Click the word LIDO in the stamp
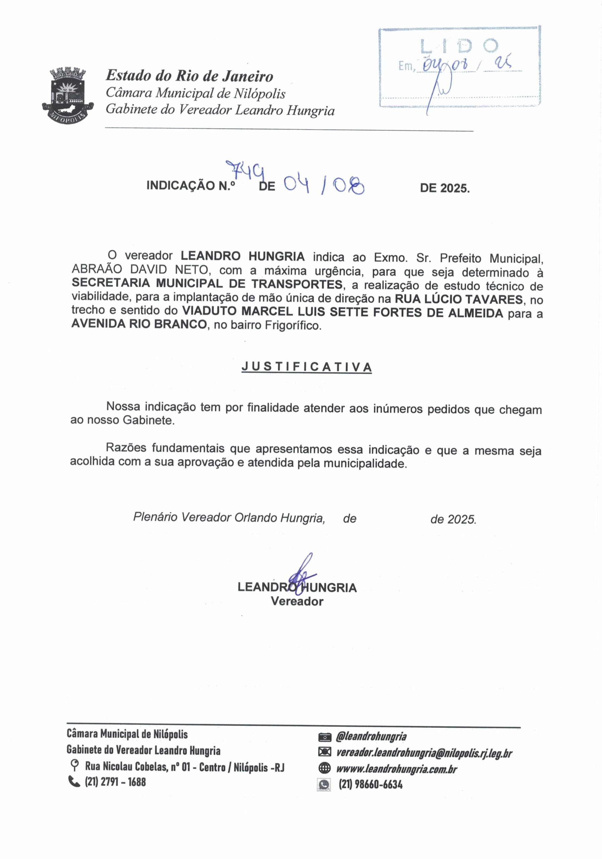tap(459, 46)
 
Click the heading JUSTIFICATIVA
tap(306, 367)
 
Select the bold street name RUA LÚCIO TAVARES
tap(458, 299)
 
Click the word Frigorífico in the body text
tap(293, 325)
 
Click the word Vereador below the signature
tap(297, 601)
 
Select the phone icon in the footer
tap(74, 781)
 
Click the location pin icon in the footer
tap(75, 765)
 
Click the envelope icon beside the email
tap(324, 752)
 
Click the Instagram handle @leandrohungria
tap(371, 736)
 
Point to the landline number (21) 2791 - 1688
tap(115, 782)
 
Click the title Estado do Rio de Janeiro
tap(189, 76)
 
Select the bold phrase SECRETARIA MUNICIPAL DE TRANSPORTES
tap(207, 284)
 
